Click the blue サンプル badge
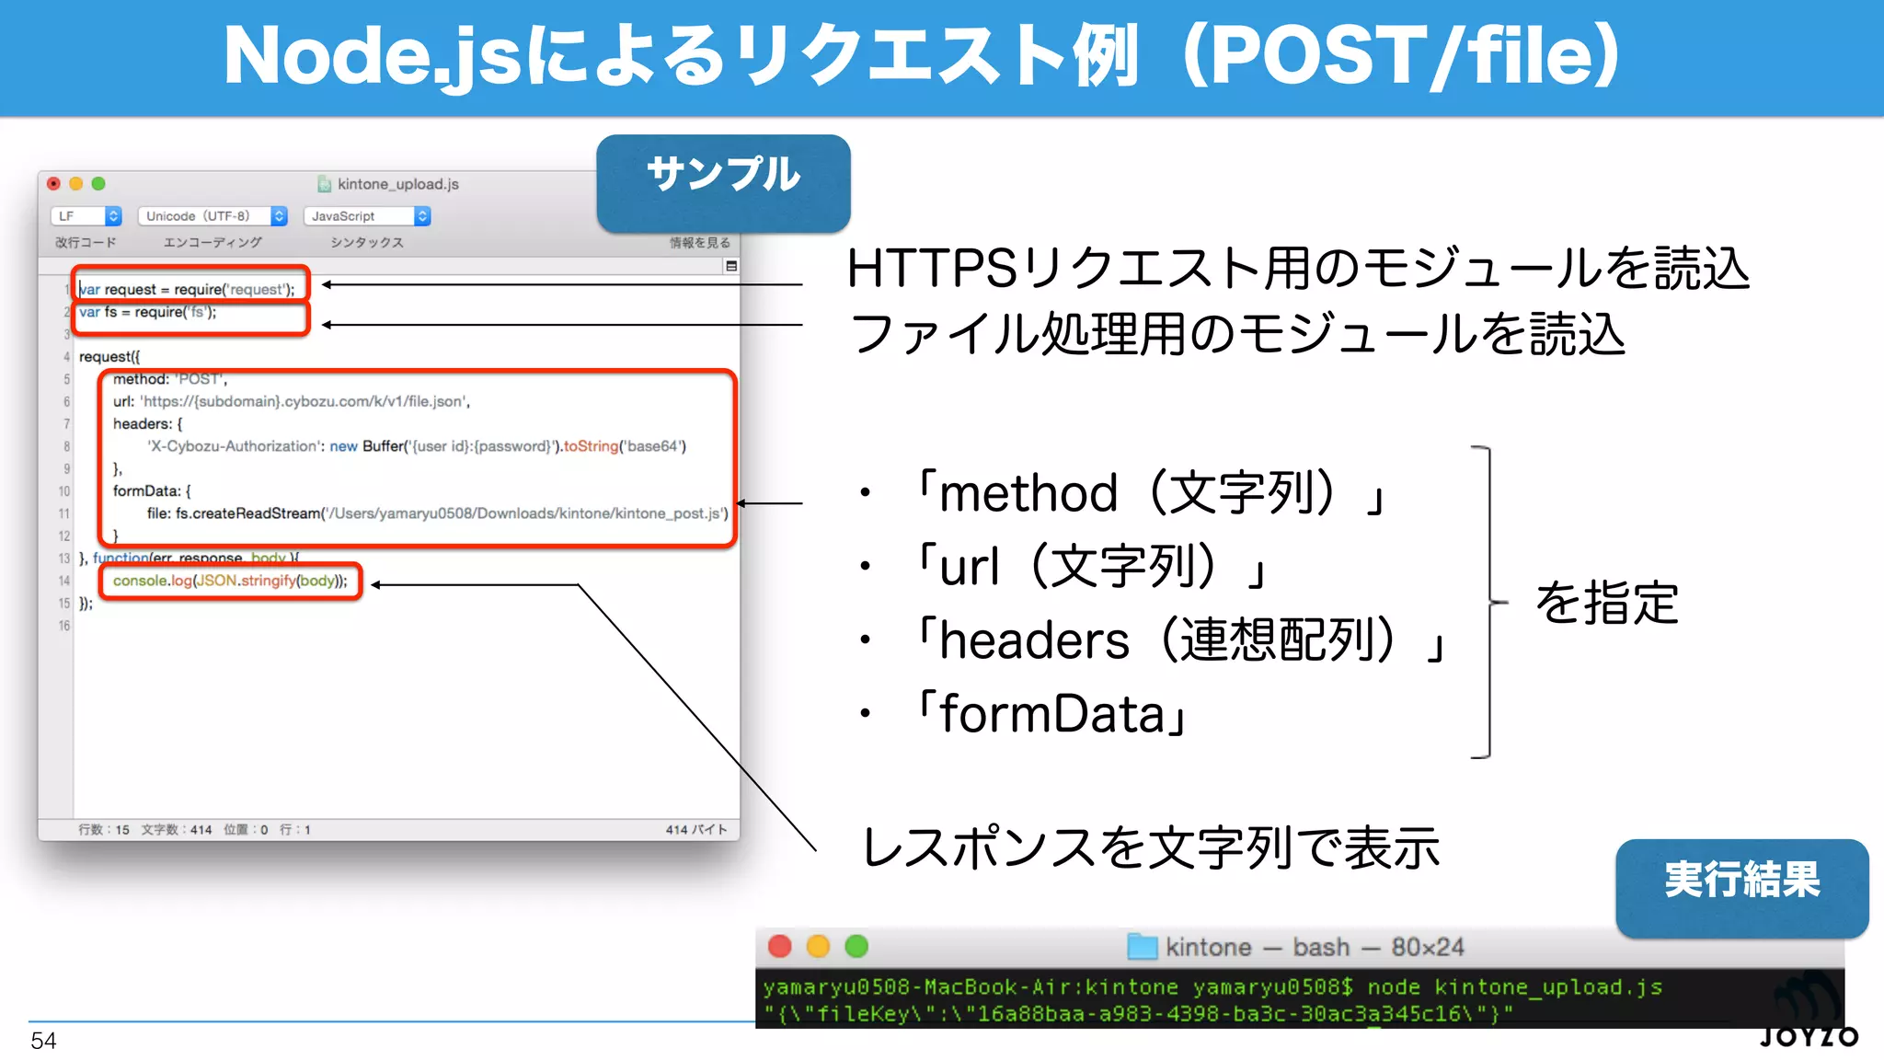coord(723,182)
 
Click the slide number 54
coord(43,1041)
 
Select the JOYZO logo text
coord(1809,1037)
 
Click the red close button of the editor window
coord(54,183)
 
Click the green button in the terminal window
coord(856,946)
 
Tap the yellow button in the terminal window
coord(818,946)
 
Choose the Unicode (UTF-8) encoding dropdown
coord(213,216)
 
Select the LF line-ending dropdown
coord(86,216)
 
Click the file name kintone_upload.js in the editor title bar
coord(397,184)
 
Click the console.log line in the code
coord(230,581)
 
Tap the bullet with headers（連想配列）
coord(1178,640)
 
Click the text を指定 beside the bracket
coord(1607,604)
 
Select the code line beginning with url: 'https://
coord(291,401)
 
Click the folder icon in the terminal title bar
coord(1142,947)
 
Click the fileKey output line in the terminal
coord(1137,1013)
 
